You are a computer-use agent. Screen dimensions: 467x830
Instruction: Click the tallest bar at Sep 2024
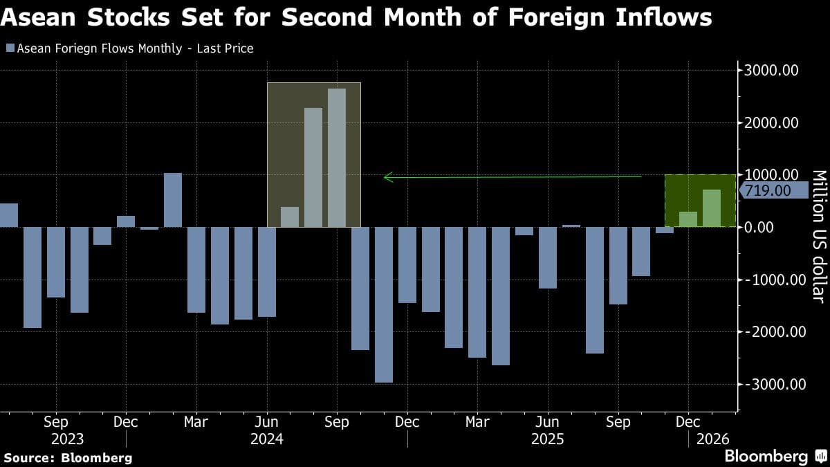pyautogui.click(x=337, y=158)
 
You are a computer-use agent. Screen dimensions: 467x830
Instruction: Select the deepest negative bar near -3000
pyautogui.click(x=384, y=304)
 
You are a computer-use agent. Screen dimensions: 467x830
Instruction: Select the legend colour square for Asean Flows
pyautogui.click(x=10, y=48)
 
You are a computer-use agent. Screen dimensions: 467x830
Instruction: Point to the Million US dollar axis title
pyautogui.click(x=818, y=235)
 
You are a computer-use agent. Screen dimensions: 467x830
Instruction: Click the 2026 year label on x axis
pyautogui.click(x=712, y=439)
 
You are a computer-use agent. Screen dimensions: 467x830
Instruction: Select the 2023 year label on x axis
pyautogui.click(x=67, y=439)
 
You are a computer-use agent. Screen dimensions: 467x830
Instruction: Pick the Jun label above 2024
pyautogui.click(x=266, y=422)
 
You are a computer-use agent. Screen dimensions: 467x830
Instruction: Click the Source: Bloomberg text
pyautogui.click(x=68, y=457)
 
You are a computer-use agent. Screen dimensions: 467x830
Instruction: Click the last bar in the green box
pyautogui.click(x=712, y=208)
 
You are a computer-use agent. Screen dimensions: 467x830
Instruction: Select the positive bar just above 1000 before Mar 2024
pyautogui.click(x=173, y=200)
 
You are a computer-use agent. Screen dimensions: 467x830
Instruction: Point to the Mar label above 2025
pyautogui.click(x=477, y=422)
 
